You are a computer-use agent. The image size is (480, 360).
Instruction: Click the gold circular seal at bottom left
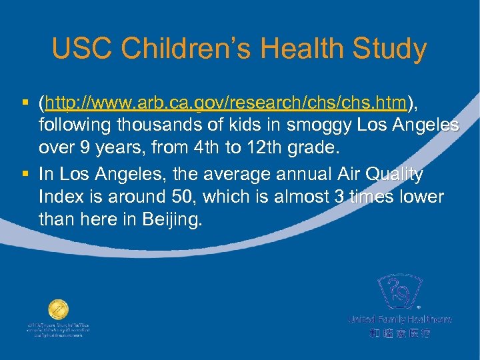click(58, 311)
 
